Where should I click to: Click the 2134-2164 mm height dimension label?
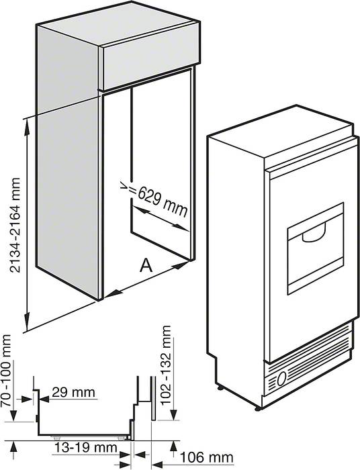(x=15, y=225)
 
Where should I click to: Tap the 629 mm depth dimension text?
(x=163, y=201)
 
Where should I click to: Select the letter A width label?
(x=146, y=265)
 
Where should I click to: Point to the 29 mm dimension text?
(x=73, y=392)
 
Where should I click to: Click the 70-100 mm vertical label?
(x=6, y=371)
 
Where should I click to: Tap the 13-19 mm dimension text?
(x=85, y=448)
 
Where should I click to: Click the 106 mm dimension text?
(x=206, y=458)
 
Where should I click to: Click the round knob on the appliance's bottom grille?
(x=282, y=379)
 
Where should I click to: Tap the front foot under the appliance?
(x=257, y=408)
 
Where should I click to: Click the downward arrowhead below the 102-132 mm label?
(x=173, y=415)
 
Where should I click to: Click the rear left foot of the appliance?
(x=220, y=387)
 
